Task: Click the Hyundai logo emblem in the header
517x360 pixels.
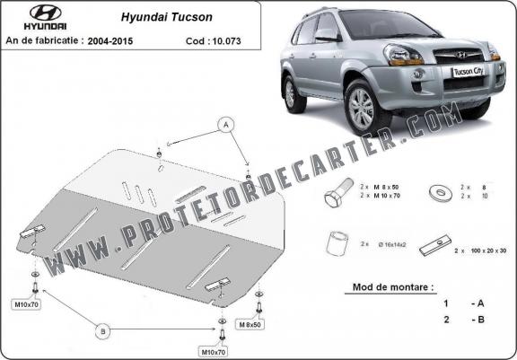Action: click(46, 13)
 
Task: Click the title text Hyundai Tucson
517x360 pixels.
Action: click(167, 17)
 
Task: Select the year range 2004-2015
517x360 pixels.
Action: click(110, 41)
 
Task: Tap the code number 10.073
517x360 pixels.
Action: click(226, 41)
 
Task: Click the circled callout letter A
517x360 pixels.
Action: click(226, 125)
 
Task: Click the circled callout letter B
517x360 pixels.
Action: click(103, 330)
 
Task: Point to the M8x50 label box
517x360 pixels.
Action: click(250, 324)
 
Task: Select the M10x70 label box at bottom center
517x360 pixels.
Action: click(214, 352)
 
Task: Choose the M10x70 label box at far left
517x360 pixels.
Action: click(26, 304)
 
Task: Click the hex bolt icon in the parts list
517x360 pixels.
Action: click(338, 193)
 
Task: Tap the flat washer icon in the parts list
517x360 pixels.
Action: click(441, 193)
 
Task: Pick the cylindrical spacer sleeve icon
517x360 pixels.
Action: click(337, 243)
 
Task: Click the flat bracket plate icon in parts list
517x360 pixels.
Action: click(435, 246)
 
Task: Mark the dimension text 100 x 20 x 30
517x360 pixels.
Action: click(488, 250)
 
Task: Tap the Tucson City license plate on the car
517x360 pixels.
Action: click(469, 71)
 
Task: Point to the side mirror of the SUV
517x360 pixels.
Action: click(326, 35)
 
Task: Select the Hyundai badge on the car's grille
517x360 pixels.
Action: click(461, 55)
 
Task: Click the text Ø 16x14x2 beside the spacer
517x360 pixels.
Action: click(392, 244)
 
